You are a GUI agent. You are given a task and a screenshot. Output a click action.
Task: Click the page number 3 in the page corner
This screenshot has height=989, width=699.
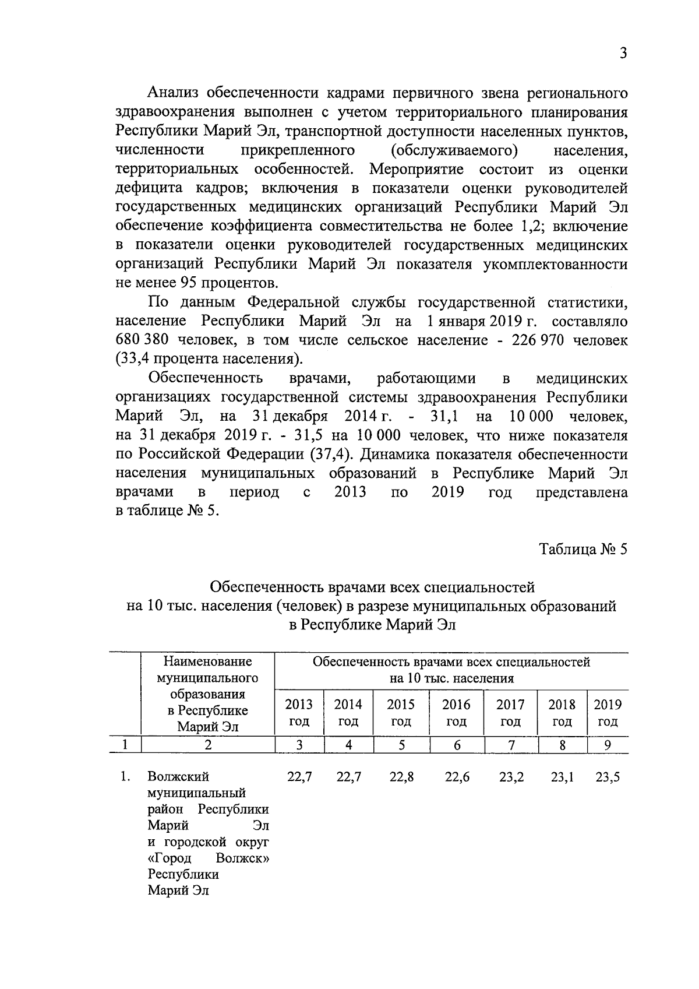(x=623, y=54)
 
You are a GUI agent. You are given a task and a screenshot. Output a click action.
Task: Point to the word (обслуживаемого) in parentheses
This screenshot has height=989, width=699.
(x=454, y=150)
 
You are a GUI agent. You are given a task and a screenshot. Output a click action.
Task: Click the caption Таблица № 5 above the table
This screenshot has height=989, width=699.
(x=583, y=550)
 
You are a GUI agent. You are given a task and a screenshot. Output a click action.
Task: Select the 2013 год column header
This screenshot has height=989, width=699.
(x=299, y=713)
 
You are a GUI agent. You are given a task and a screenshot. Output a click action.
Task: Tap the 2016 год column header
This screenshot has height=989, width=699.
(x=456, y=713)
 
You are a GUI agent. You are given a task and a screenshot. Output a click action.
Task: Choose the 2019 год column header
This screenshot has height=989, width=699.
(x=608, y=713)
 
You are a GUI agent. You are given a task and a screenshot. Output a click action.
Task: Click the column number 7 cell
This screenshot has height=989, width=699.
(x=511, y=744)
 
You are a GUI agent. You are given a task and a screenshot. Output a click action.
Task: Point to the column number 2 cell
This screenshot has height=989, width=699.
(x=208, y=744)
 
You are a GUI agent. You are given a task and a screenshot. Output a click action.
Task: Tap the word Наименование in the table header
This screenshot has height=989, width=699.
(x=208, y=662)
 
